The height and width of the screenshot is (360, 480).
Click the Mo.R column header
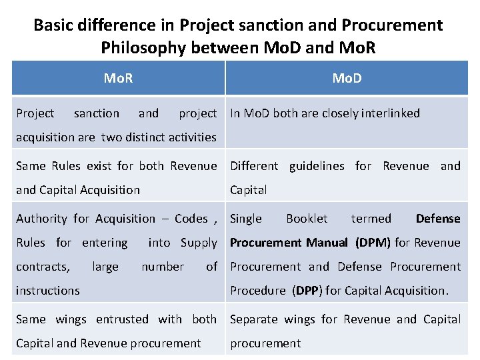tap(118, 78)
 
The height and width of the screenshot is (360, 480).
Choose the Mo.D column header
tap(347, 78)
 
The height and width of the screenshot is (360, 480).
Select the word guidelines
tap(317, 165)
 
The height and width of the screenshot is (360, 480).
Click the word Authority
tap(41, 218)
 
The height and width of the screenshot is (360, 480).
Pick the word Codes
tap(191, 218)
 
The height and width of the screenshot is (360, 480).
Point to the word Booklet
tap(307, 218)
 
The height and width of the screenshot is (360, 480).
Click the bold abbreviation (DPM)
tap(373, 242)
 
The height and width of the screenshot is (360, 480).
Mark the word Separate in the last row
tap(254, 319)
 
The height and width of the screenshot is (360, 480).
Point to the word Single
tap(246, 218)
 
